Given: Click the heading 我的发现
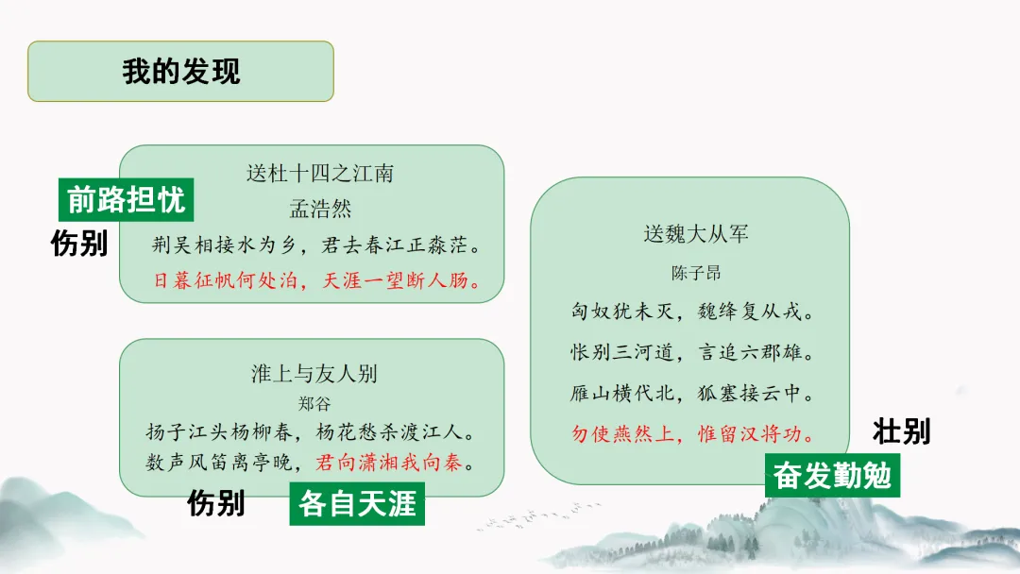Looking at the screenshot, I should tap(180, 71).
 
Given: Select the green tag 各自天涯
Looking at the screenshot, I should tap(357, 503).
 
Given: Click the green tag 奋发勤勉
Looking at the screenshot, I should tap(832, 475).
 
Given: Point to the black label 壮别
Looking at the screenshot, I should tap(901, 431).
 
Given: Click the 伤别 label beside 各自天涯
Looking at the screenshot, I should tap(215, 502).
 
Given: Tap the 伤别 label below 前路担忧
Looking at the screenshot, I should tap(79, 244).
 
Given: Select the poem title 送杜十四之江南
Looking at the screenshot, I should tap(319, 174).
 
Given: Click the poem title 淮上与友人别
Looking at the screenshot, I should tap(314, 373).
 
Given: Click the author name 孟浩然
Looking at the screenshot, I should tap(320, 209).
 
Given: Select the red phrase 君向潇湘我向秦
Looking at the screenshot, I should tap(394, 464).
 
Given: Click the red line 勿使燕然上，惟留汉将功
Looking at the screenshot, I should tap(692, 434).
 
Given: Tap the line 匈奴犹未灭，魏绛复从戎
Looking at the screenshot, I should tap(692, 312).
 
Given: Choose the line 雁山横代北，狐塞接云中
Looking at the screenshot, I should tap(692, 393).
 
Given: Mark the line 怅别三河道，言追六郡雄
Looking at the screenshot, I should tap(692, 352).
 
